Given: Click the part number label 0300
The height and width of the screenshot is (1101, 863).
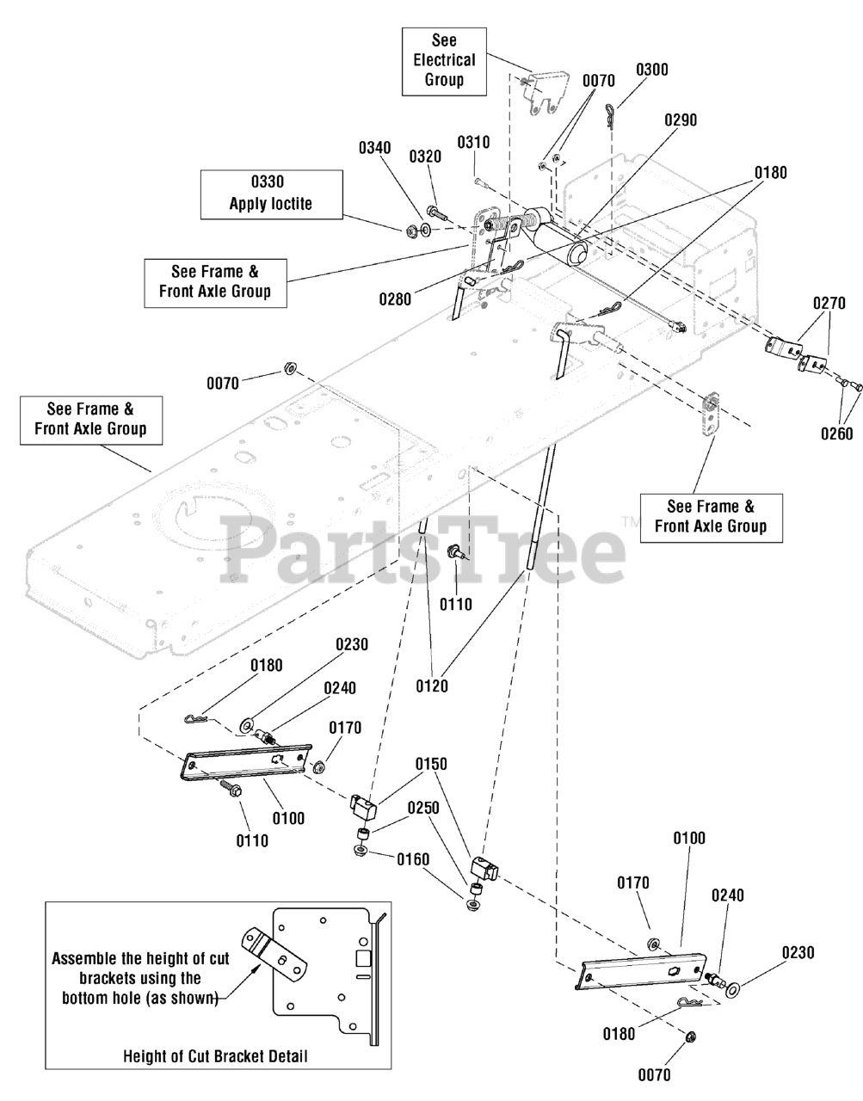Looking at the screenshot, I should [x=652, y=70].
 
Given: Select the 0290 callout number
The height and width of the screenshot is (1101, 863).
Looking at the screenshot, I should [x=680, y=120].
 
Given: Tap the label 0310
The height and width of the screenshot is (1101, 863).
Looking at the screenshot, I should [x=473, y=142].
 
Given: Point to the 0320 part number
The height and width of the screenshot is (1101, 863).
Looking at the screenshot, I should [x=425, y=156].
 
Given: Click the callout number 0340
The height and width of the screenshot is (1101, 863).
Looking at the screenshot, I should [x=374, y=147].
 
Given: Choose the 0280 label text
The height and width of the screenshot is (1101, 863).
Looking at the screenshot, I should [x=395, y=299].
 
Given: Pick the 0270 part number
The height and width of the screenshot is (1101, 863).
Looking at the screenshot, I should [x=829, y=303].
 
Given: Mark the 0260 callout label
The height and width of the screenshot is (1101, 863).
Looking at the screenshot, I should [x=835, y=433].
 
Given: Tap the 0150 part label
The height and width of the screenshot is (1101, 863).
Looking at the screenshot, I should [x=431, y=764].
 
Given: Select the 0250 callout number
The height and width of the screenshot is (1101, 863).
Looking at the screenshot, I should [x=423, y=809].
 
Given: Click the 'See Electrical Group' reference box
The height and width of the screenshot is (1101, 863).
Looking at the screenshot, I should [x=444, y=60].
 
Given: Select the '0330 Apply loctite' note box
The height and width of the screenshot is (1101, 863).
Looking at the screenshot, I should [x=271, y=194].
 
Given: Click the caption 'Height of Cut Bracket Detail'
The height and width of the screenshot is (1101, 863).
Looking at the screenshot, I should [x=214, y=1055].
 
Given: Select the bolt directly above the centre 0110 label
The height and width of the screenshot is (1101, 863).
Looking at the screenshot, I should [x=456, y=553].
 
